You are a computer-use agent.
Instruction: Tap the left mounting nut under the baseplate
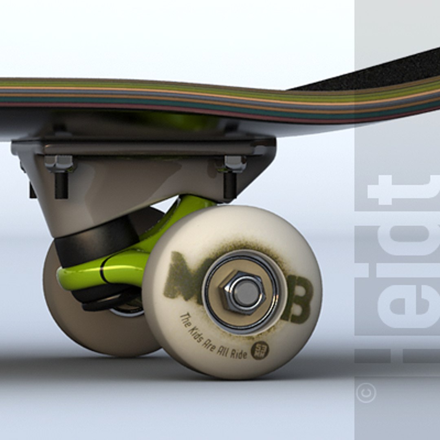[x=59, y=163]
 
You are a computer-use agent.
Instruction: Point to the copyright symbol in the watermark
[x=366, y=393]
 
